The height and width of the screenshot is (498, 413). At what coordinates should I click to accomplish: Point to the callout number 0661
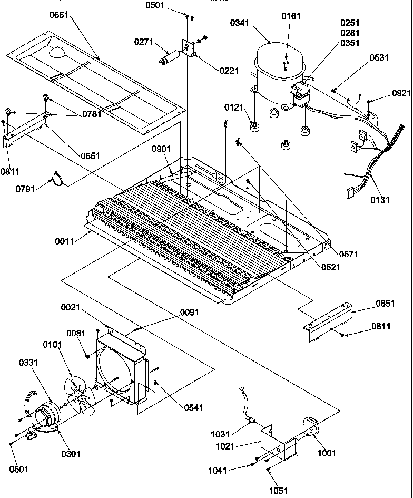click(x=61, y=15)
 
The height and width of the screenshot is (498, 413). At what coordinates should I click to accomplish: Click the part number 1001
click(x=326, y=453)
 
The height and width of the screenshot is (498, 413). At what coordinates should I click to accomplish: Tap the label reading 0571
click(x=349, y=254)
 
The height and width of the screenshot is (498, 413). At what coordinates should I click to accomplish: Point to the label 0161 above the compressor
click(x=291, y=16)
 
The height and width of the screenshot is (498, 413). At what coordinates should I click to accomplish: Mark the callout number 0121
click(x=233, y=108)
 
